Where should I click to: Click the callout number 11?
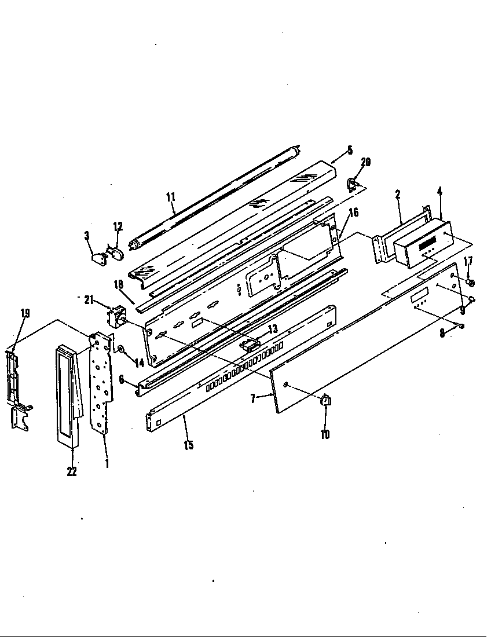(170, 197)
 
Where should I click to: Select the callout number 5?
(349, 151)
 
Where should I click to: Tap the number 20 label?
(365, 162)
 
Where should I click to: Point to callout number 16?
(354, 213)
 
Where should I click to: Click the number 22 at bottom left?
(71, 471)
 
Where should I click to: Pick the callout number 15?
(188, 445)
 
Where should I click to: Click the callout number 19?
(25, 313)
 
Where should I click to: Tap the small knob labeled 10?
(325, 399)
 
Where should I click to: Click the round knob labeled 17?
(471, 283)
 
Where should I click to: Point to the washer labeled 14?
(120, 349)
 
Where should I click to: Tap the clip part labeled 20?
(352, 185)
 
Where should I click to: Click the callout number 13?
(272, 328)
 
